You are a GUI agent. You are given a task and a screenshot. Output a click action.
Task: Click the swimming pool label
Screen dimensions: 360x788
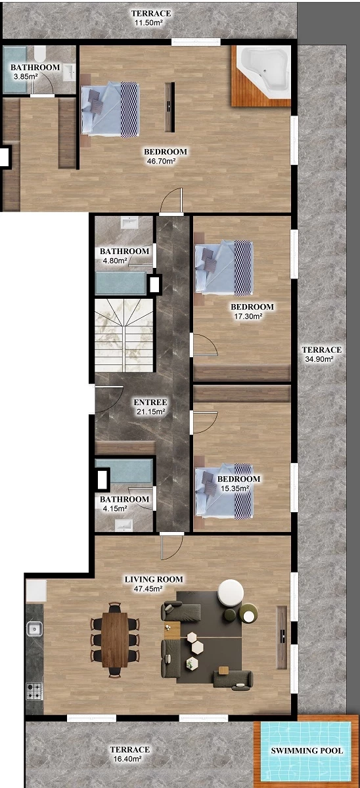point(307,751)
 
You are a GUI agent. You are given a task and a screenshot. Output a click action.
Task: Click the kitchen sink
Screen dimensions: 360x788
point(34,628)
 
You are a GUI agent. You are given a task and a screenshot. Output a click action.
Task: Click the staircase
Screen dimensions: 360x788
point(125,336)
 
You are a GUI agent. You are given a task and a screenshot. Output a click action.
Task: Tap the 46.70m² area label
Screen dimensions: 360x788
point(161,162)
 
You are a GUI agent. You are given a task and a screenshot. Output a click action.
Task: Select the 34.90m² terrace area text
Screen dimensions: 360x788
point(318,359)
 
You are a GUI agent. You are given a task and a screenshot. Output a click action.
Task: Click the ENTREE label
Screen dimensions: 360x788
point(150,402)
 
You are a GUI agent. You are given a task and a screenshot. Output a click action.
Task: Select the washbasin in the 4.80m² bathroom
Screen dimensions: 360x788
point(130,223)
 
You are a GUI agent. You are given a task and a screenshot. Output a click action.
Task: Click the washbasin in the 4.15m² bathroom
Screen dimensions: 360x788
point(124,525)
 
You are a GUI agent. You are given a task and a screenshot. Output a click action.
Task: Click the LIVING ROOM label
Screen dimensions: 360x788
point(154,579)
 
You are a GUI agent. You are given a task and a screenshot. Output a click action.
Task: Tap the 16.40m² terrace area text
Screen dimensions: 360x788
point(127,759)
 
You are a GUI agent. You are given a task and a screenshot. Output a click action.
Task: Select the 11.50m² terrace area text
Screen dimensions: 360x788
point(148,23)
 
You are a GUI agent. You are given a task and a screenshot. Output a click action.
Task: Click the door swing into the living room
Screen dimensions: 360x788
point(172,546)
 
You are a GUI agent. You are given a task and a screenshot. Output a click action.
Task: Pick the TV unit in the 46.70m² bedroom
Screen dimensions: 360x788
point(169,107)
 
